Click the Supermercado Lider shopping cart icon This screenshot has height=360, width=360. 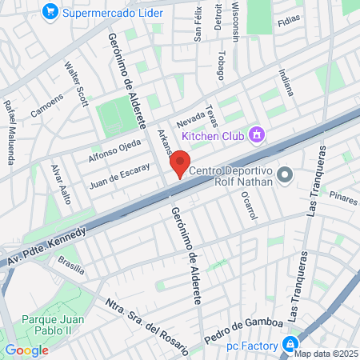[51, 12]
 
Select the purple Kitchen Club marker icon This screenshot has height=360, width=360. [256, 134]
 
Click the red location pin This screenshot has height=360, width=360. [180, 166]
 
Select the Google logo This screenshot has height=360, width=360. [26, 350]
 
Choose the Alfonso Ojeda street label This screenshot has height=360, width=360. [114, 152]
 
